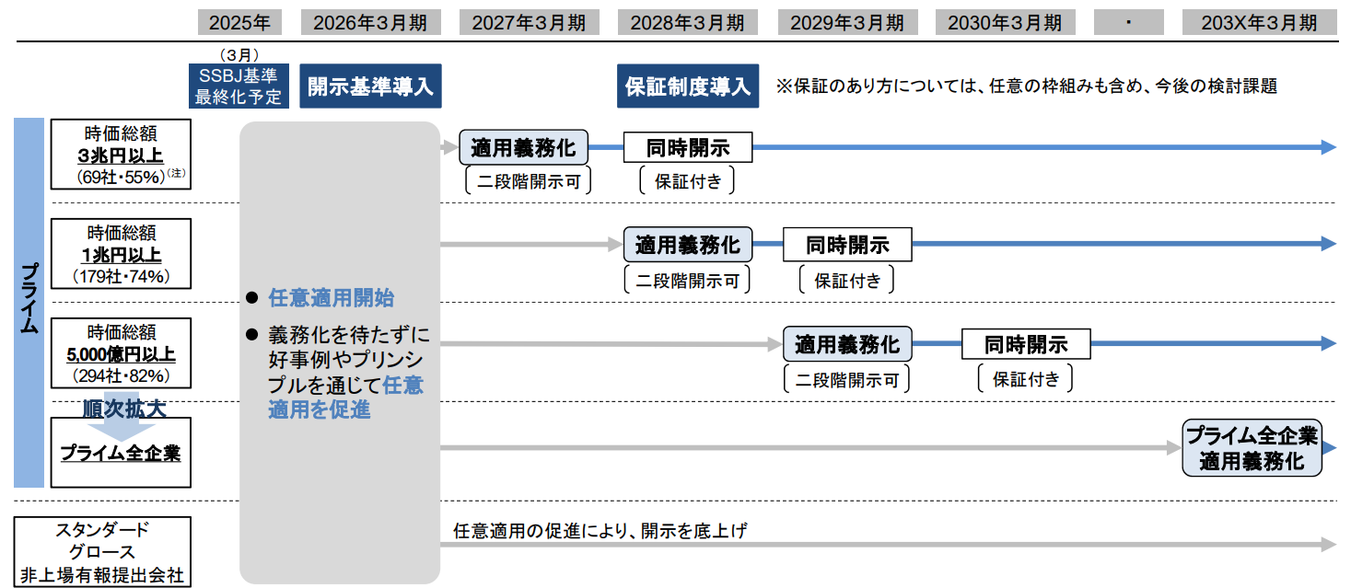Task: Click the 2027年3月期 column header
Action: (529, 22)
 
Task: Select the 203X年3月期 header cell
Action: (1259, 22)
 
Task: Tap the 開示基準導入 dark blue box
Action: (369, 86)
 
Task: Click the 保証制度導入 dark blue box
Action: (688, 86)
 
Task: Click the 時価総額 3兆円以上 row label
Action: (121, 154)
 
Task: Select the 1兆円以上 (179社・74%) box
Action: (121, 253)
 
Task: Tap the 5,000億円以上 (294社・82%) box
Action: (121, 353)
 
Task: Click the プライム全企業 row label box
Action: (121, 453)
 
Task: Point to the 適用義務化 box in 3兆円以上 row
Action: (523, 147)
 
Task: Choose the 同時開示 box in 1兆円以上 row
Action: (847, 245)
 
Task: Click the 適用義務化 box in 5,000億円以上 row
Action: (847, 345)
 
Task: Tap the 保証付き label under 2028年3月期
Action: (687, 181)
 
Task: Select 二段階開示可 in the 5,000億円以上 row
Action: (846, 379)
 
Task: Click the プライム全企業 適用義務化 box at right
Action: (1252, 449)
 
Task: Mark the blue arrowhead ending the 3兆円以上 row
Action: (1327, 147)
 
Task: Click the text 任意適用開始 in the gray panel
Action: (331, 298)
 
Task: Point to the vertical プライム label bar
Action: (29, 302)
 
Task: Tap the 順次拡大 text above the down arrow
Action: (124, 409)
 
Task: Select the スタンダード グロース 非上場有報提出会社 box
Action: (102, 552)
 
